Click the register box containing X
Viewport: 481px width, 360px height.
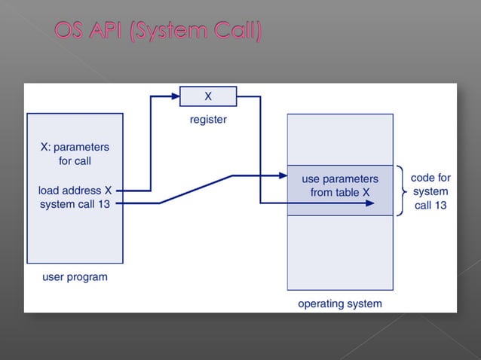click(207, 96)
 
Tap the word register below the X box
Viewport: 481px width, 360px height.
click(207, 119)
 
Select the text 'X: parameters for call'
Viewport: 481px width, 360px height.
click(75, 154)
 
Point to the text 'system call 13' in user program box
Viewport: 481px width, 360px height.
click(75, 204)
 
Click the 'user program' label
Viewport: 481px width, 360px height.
click(75, 276)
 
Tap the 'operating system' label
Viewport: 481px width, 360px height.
click(339, 304)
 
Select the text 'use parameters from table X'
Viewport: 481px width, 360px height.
click(340, 185)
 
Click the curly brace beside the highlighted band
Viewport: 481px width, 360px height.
click(401, 191)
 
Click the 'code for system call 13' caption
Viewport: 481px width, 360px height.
click(430, 191)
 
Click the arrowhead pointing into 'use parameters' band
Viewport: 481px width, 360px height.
click(283, 176)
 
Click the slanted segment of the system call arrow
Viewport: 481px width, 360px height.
click(195, 189)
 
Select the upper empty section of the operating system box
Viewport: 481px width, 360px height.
click(340, 139)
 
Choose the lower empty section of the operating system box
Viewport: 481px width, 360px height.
click(340, 252)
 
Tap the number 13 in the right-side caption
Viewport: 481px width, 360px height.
click(441, 205)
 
